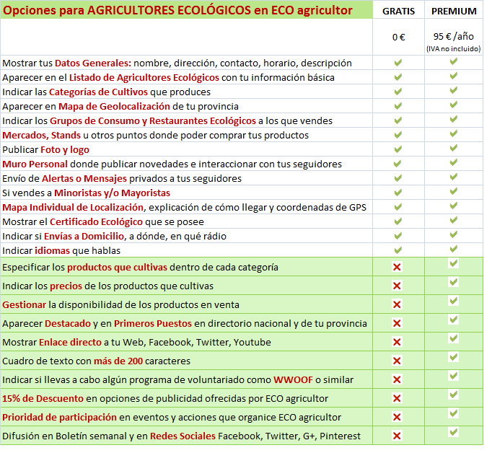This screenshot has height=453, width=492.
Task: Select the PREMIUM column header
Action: pyautogui.click(x=454, y=11)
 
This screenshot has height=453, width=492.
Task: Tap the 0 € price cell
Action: pyautogui.click(x=399, y=37)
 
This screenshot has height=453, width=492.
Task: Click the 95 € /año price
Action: pyautogui.click(x=453, y=35)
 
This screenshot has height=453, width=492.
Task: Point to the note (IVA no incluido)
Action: pyautogui.click(x=454, y=48)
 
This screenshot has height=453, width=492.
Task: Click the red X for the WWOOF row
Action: pyautogui.click(x=397, y=379)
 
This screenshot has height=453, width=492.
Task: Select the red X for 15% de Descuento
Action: pyautogui.click(x=397, y=398)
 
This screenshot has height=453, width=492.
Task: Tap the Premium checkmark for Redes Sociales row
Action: pyautogui.click(x=454, y=433)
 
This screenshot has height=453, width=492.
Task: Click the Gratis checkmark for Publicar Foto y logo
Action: pyautogui.click(x=397, y=149)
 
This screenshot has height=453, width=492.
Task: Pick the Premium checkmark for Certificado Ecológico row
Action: pyautogui.click(x=454, y=220)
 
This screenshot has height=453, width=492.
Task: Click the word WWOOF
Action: pyautogui.click(x=293, y=379)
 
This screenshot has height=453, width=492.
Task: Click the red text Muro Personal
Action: pyautogui.click(x=34, y=164)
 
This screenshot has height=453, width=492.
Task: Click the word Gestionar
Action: pyautogui.click(x=25, y=304)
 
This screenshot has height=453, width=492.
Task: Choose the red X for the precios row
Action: pyautogui.click(x=397, y=286)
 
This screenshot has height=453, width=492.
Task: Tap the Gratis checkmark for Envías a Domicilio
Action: pyautogui.click(x=397, y=236)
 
